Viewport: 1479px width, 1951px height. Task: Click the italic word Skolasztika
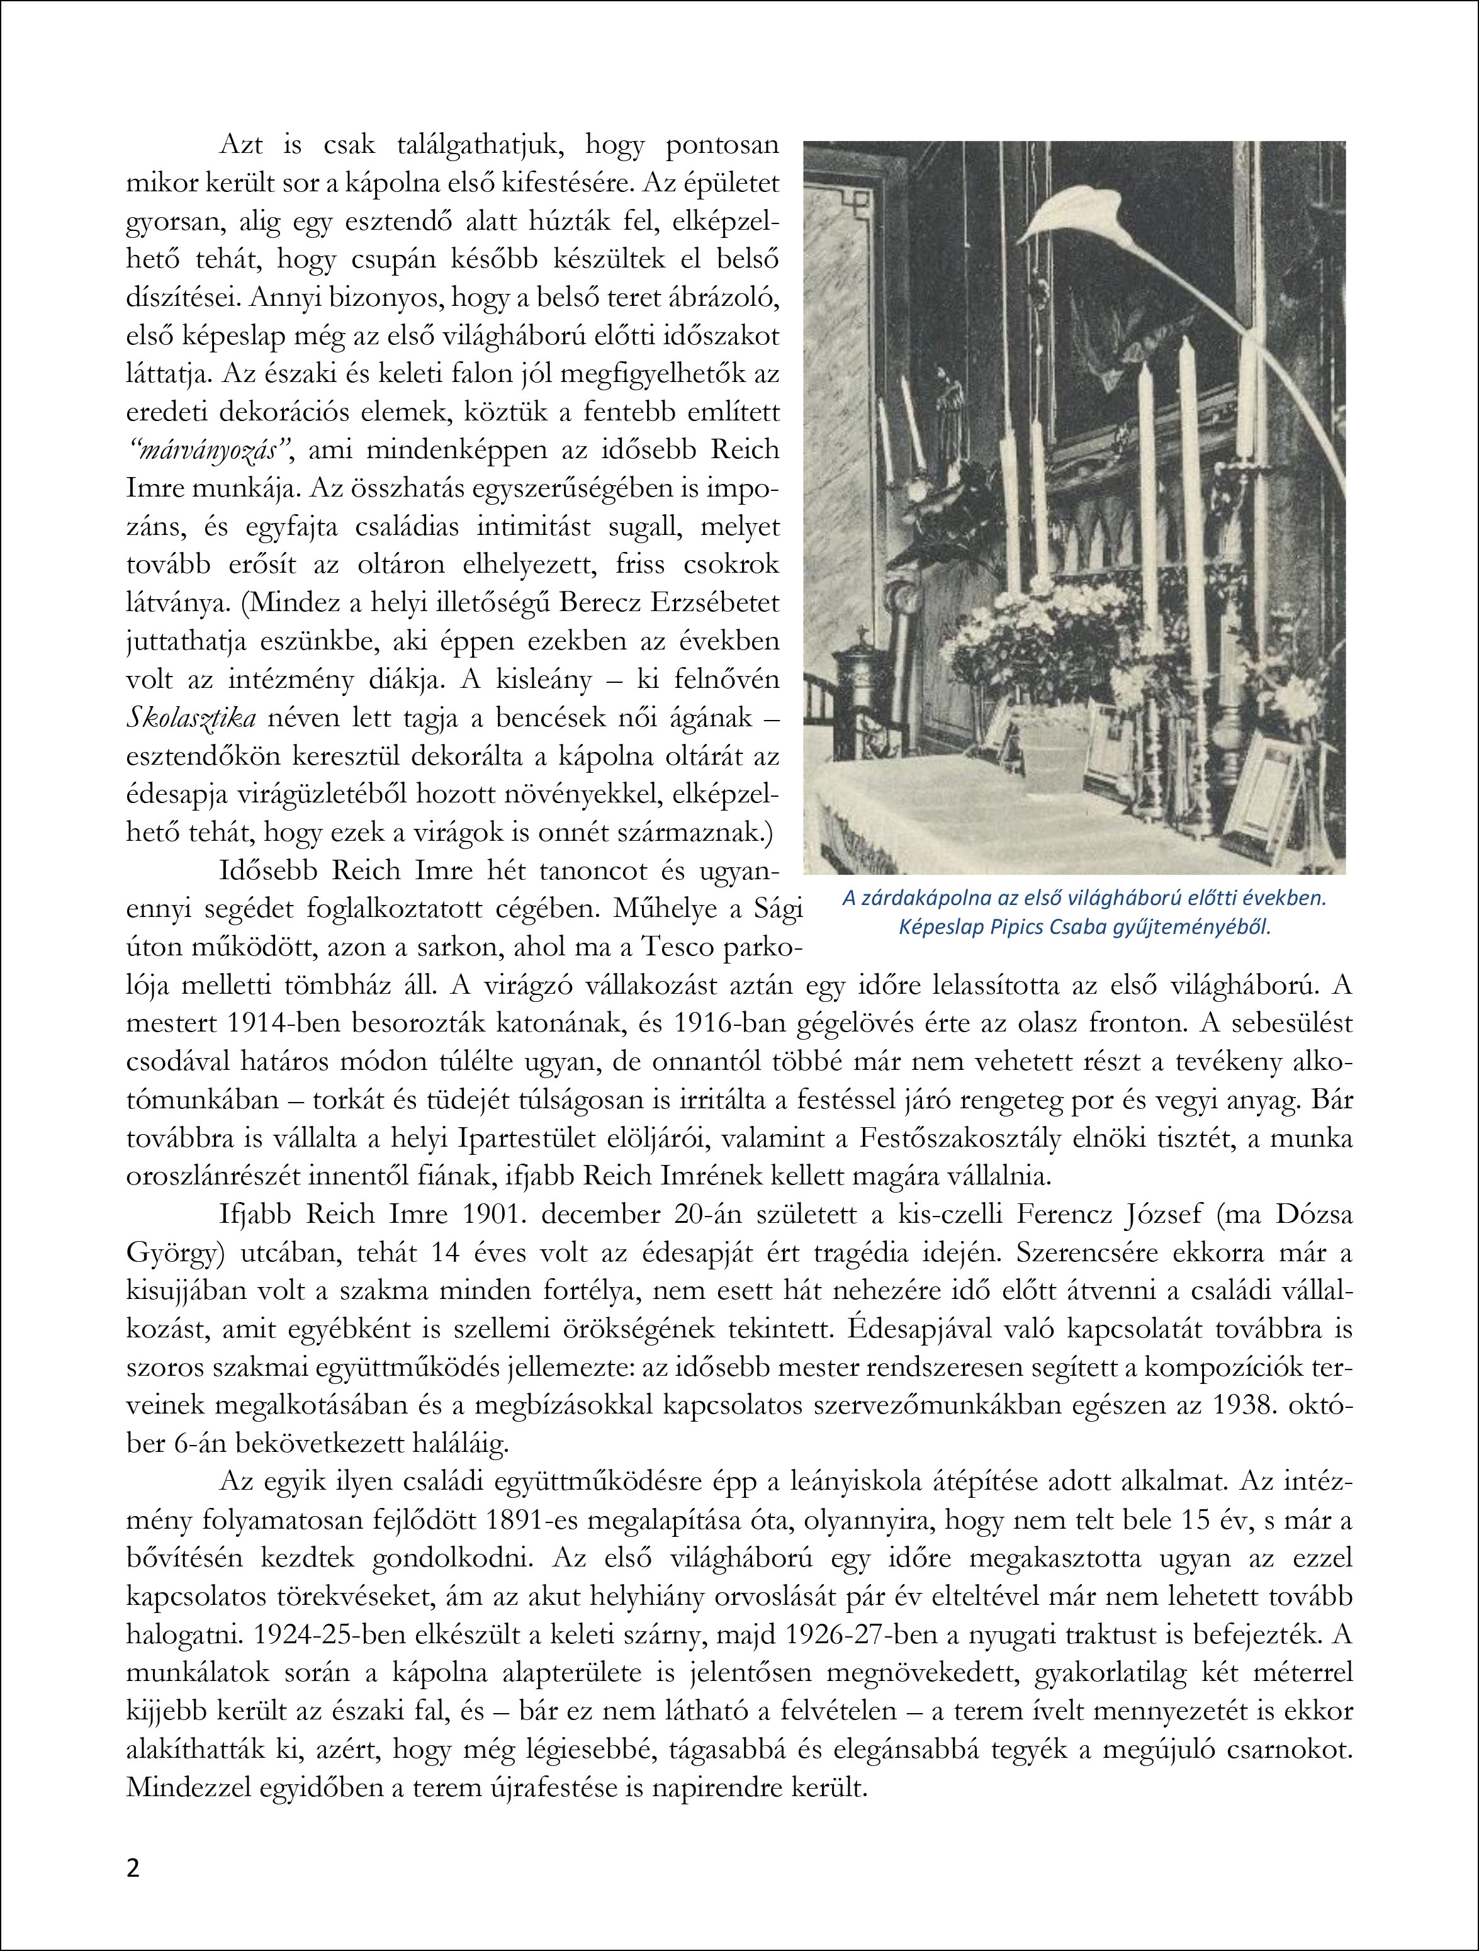point(192,718)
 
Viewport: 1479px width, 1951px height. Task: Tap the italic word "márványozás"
point(211,450)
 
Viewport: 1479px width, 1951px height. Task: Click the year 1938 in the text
point(1237,1406)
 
